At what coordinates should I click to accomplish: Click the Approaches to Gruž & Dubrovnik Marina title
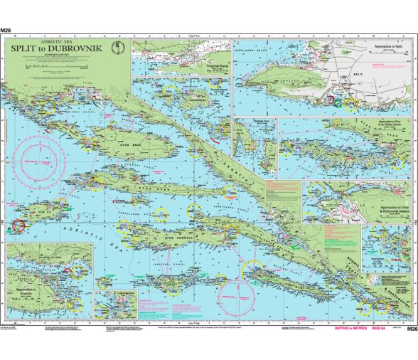click(x=392, y=211)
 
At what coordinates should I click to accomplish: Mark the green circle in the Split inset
click(x=338, y=103)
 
